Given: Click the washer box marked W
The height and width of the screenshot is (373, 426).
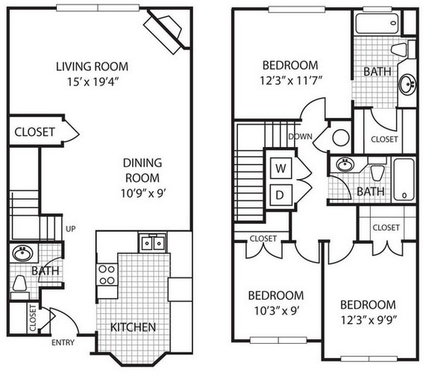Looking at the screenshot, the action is (281, 168).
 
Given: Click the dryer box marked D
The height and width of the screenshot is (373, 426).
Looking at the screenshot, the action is (281, 195).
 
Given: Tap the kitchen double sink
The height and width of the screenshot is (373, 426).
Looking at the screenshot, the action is (152, 242).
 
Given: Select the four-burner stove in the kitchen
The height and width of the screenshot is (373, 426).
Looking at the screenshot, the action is (107, 274).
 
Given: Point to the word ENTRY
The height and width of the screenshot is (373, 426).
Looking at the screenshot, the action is (63, 342).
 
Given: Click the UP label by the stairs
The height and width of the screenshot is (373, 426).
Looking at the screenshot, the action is (71, 229).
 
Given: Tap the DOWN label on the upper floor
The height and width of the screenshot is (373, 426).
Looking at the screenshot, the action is (300, 137).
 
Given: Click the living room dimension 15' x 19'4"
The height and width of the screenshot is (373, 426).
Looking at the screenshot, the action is (93, 81).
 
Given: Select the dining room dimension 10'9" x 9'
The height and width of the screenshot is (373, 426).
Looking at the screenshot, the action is (143, 193).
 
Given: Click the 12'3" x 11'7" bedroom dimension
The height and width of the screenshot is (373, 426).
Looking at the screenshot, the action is (291, 81).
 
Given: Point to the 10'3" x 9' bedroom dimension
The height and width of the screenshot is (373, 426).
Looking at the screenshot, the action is (276, 310).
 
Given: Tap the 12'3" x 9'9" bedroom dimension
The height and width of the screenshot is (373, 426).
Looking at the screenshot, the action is (369, 320).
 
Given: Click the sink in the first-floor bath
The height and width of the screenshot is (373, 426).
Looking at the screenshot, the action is (23, 254).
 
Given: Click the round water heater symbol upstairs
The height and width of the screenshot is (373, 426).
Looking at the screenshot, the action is (341, 138).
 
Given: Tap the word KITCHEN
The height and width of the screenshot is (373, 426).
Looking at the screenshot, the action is (133, 327).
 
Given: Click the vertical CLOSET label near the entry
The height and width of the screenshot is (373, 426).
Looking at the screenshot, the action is (33, 318).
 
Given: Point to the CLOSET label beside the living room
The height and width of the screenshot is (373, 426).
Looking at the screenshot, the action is (34, 132).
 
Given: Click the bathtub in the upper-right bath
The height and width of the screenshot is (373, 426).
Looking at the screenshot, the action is (378, 23).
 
